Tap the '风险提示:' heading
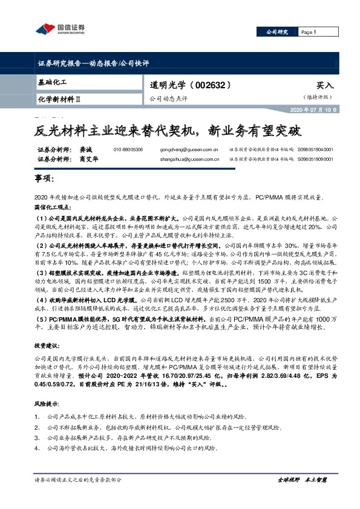point(47,403)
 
